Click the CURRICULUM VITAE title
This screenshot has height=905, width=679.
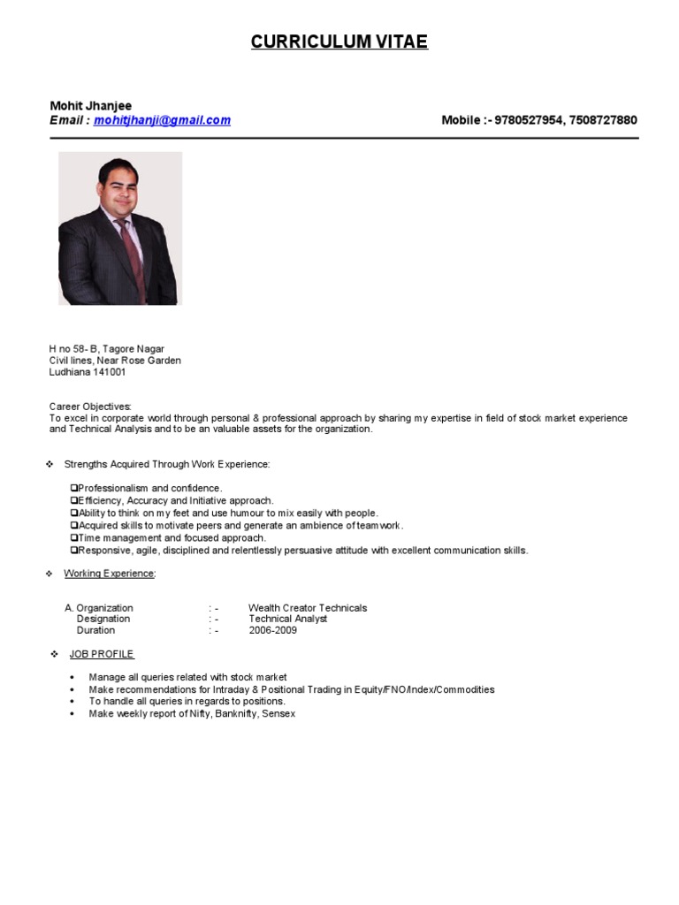coord(339,42)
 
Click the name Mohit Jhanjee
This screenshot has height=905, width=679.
coord(91,106)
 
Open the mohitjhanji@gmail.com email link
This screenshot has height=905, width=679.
coord(162,120)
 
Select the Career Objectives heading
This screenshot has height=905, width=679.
coord(90,407)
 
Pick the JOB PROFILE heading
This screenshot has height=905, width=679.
coord(102,654)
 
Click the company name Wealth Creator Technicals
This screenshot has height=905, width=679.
coord(308,608)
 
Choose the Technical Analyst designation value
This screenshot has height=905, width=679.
coord(287,619)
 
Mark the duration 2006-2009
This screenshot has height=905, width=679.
coord(273,630)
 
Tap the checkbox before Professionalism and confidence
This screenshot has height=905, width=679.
coord(74,488)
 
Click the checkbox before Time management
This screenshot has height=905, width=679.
coord(74,537)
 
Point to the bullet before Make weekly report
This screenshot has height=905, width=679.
coord(72,713)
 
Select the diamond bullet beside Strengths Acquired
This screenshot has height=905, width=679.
coord(50,464)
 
